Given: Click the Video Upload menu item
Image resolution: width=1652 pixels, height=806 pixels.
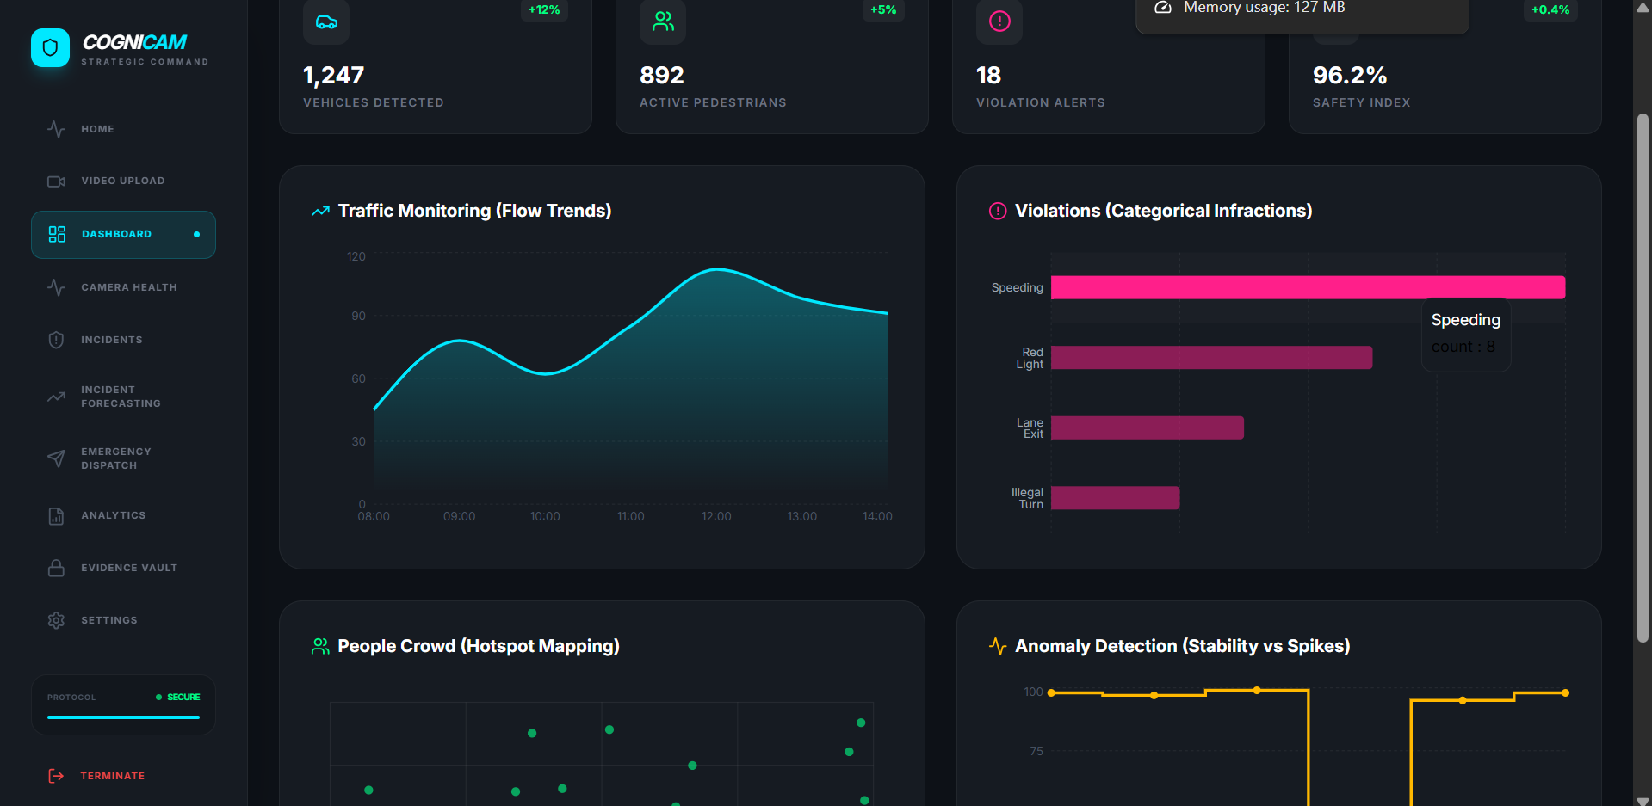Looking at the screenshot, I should (x=122, y=181).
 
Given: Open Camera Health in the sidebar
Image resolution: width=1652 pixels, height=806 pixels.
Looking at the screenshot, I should (x=128, y=287).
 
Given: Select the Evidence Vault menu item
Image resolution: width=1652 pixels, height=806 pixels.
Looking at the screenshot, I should (x=128, y=568).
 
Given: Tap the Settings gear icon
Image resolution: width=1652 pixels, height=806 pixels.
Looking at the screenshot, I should (x=57, y=620).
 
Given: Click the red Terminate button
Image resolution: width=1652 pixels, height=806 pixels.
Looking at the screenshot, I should (x=111, y=776).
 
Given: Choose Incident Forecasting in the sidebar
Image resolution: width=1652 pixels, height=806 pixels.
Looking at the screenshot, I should (x=120, y=397).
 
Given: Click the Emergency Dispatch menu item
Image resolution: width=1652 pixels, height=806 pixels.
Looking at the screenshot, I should (x=115, y=458).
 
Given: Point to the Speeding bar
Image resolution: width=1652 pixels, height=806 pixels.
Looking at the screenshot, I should (x=1307, y=287).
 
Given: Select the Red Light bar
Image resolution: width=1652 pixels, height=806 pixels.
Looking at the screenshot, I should (x=1211, y=358).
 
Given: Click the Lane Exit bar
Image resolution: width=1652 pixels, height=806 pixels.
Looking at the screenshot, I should (x=1147, y=428).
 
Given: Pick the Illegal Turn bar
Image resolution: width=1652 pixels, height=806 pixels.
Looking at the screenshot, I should (x=1115, y=498).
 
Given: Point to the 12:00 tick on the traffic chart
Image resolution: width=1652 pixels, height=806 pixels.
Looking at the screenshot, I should (x=716, y=516).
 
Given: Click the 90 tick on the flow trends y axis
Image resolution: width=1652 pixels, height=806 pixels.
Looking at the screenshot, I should (x=358, y=316).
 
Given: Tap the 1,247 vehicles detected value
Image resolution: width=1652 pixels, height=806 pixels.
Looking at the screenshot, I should (x=334, y=76).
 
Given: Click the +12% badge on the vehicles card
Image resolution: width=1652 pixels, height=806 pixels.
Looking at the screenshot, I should (x=544, y=10).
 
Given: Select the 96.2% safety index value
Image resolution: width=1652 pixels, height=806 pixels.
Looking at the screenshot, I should (x=1349, y=76).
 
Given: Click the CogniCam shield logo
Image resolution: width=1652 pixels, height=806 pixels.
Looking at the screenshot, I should (x=50, y=48).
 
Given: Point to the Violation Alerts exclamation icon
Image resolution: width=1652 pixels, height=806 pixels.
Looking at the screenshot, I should (x=999, y=22).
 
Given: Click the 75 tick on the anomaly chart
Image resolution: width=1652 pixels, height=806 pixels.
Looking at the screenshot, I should (x=1036, y=751).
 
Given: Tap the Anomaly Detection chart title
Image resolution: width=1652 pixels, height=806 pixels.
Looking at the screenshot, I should (x=1182, y=646).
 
